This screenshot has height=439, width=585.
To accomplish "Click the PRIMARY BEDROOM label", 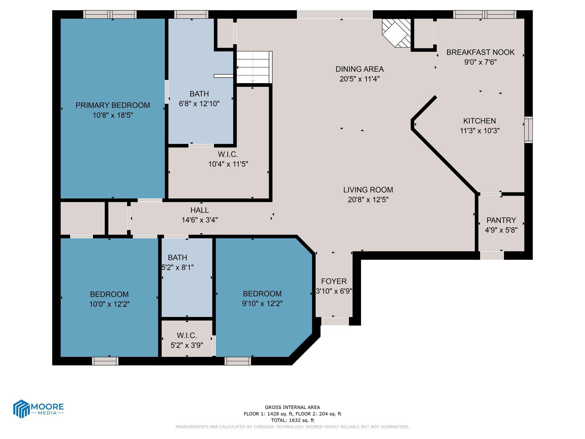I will click(113, 105).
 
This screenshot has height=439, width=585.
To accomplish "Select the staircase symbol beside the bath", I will click(254, 67).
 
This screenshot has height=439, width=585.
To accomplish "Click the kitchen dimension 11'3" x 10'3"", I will click(480, 131).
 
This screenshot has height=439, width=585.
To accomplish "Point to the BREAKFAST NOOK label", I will click(480, 52).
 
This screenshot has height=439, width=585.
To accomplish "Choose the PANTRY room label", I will click(501, 220).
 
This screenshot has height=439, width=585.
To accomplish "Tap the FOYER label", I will click(334, 281).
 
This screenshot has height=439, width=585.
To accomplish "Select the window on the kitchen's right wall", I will click(529, 130).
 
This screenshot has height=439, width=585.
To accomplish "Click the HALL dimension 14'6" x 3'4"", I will click(200, 220).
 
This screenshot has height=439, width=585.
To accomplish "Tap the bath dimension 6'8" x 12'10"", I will click(199, 104).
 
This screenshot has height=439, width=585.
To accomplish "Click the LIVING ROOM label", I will click(368, 190).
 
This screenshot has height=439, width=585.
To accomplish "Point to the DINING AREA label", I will click(359, 69).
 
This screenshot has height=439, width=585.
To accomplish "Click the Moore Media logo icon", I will click(21, 409).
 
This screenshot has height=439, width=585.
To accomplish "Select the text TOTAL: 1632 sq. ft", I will click(292, 420).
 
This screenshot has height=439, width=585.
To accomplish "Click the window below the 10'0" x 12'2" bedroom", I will click(105, 361).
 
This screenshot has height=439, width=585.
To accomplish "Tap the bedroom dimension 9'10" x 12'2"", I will click(262, 304).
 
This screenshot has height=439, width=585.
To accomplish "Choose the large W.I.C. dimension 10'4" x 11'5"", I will click(228, 164).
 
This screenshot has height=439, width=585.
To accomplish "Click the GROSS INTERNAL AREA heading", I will click(292, 407).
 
